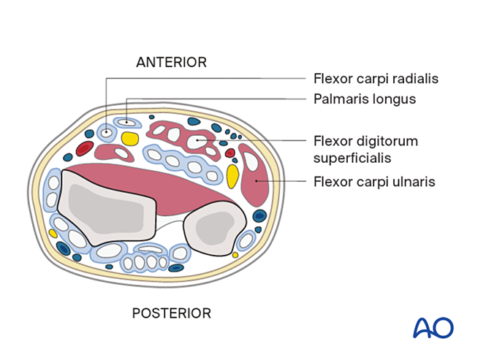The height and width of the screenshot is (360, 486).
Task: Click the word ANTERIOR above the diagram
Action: point(171,62)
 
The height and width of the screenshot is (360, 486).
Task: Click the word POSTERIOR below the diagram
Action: point(171,313)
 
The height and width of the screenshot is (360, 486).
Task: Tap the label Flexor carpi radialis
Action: point(376,78)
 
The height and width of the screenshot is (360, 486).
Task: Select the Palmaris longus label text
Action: point(364,99)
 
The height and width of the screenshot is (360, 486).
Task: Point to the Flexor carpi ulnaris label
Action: point(373,181)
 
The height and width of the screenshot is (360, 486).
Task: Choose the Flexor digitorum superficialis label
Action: point(365,149)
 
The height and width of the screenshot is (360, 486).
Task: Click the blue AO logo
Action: point(433,327)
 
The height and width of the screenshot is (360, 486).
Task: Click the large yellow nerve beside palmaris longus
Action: point(130,138)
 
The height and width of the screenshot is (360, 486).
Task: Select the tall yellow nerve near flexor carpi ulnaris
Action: point(232,177)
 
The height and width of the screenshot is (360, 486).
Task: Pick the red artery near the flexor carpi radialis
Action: point(85,149)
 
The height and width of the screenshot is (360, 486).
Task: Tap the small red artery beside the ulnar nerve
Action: point(230,153)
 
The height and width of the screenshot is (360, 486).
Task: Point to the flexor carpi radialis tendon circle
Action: point(107,132)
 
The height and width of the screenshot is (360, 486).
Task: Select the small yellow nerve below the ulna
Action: point(235,255)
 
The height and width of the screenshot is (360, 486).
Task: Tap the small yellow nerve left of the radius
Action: point(53,234)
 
